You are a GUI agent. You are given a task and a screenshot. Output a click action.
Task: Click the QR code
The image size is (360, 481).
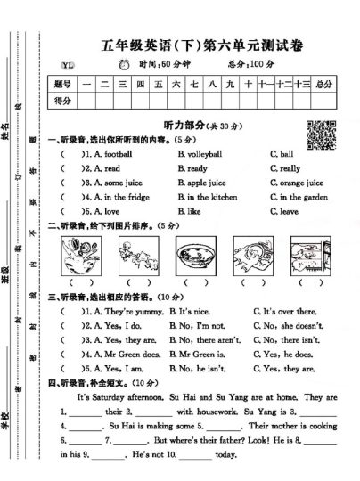pos(318,132)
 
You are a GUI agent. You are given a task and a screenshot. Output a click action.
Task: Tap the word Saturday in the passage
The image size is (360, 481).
pos(111,397)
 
